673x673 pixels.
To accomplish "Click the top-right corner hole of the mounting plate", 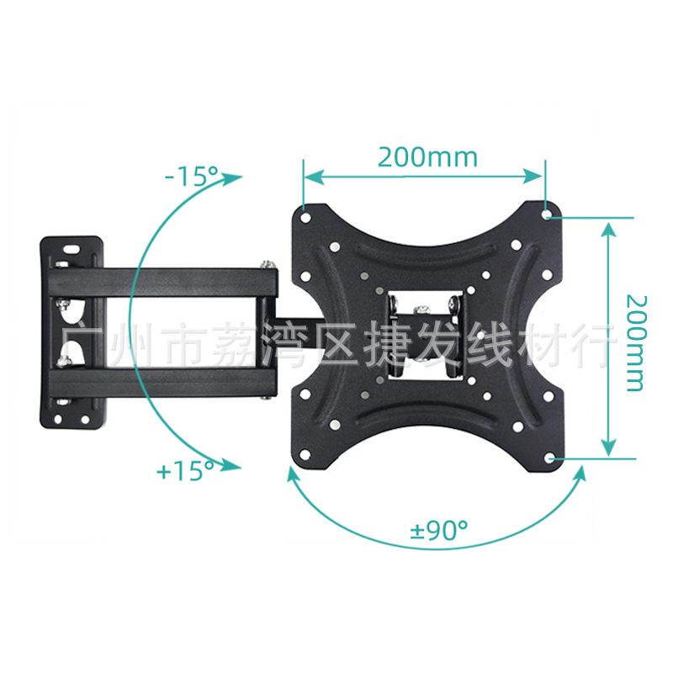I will pos(549,215).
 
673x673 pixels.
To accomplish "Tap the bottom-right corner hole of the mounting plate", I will pos(549,458).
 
